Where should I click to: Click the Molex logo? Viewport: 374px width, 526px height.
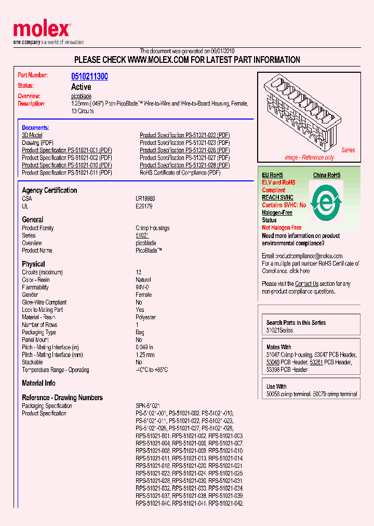(42, 31)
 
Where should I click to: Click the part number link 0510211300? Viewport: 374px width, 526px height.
(89, 76)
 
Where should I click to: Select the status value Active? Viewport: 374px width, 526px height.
(81, 87)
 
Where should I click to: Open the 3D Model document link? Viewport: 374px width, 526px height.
(32, 135)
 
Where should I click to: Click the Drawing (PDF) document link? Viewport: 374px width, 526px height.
(37, 142)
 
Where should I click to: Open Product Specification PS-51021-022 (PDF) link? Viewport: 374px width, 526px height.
(184, 135)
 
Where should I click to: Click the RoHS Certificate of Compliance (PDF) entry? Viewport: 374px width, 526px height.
(180, 173)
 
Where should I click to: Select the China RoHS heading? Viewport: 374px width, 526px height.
(326, 175)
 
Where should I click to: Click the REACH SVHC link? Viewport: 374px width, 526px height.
(277, 198)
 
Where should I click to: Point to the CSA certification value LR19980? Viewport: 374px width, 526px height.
(145, 199)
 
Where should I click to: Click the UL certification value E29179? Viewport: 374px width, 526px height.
(145, 206)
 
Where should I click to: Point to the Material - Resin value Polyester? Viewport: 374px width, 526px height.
(145, 317)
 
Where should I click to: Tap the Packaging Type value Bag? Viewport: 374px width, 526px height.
(140, 332)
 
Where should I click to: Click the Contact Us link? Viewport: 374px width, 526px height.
(306, 284)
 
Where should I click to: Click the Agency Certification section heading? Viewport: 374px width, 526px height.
(49, 190)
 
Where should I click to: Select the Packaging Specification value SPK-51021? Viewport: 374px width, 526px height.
(148, 406)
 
